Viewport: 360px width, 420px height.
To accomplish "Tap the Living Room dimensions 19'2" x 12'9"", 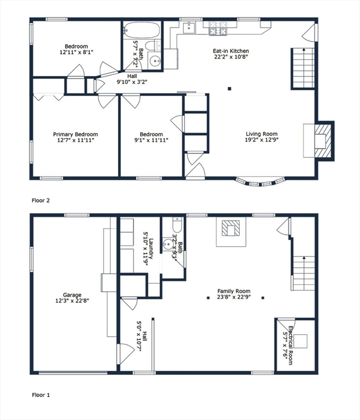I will [x=261, y=141].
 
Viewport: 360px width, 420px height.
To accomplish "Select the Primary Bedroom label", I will [x=75, y=134].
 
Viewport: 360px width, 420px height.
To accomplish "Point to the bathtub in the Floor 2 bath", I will [x=141, y=29].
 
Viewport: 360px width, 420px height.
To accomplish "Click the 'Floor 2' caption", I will [x=40, y=201].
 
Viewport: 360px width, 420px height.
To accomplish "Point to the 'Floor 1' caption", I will [x=40, y=394].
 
